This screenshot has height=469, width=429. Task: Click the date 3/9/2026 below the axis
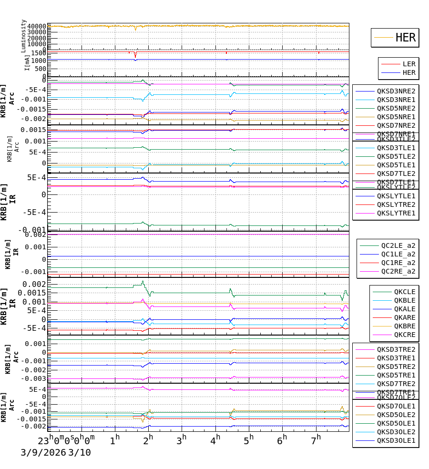pyautogui.click(x=42, y=453)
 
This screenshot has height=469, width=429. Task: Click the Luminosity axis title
pyautogui.click(x=23, y=36)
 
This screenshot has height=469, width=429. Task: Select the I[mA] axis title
pyautogui.click(x=27, y=62)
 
